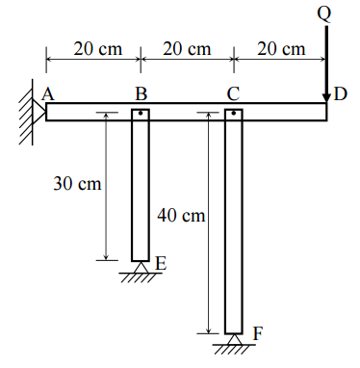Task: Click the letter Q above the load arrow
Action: point(324,13)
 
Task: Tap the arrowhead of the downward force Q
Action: point(326,98)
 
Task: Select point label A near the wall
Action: point(48,94)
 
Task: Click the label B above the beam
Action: point(141,94)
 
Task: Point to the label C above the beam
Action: point(233,94)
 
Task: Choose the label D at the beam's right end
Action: point(341,94)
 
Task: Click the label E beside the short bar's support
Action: point(161,263)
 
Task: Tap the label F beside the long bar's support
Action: point(258,333)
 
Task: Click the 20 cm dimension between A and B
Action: point(98,49)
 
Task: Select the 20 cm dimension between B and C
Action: point(187,49)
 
